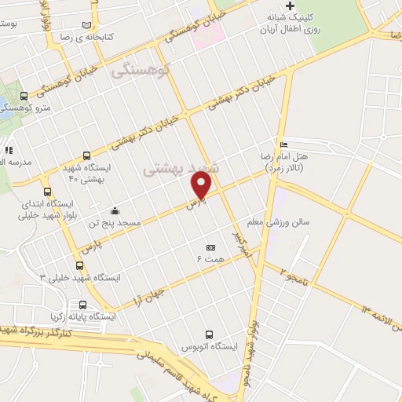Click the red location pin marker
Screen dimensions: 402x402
(202, 187)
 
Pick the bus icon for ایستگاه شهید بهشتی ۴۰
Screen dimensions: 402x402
(86, 155)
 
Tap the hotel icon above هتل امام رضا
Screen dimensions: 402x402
(283, 144)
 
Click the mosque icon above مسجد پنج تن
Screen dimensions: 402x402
(115, 210)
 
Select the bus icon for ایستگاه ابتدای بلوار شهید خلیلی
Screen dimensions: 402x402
(48, 191)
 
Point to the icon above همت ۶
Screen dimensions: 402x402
(210, 246)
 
